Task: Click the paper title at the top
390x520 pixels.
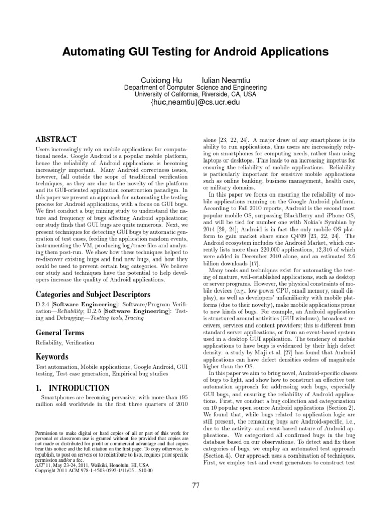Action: pos(195,52)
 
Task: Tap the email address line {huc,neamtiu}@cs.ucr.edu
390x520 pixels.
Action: pos(195,103)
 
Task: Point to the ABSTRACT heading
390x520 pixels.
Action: pos(56,139)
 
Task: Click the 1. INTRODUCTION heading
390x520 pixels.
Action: pos(73,388)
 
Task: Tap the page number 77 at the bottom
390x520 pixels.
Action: pos(195,485)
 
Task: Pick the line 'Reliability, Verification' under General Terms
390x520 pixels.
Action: pos(64,343)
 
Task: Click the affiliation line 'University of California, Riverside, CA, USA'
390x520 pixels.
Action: pos(195,94)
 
